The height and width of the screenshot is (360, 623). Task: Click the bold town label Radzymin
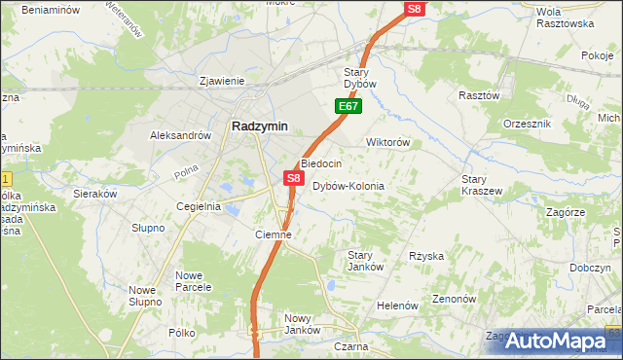coord(258,125)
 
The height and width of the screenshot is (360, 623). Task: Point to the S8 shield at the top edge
coord(415,9)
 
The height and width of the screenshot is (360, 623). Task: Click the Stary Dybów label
coord(367,78)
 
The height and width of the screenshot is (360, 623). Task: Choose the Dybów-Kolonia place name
coord(348,186)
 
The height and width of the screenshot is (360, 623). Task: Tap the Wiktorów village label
coord(387,142)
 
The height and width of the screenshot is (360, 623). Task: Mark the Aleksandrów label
coord(180,136)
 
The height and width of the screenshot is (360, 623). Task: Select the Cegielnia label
coord(199,206)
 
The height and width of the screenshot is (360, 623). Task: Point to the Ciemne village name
coord(274,234)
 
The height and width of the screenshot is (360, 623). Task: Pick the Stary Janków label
coord(366,261)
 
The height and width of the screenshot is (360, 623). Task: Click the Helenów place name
coord(397,306)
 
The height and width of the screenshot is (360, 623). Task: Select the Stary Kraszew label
coord(482,185)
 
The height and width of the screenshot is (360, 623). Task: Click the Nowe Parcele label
coord(195,281)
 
